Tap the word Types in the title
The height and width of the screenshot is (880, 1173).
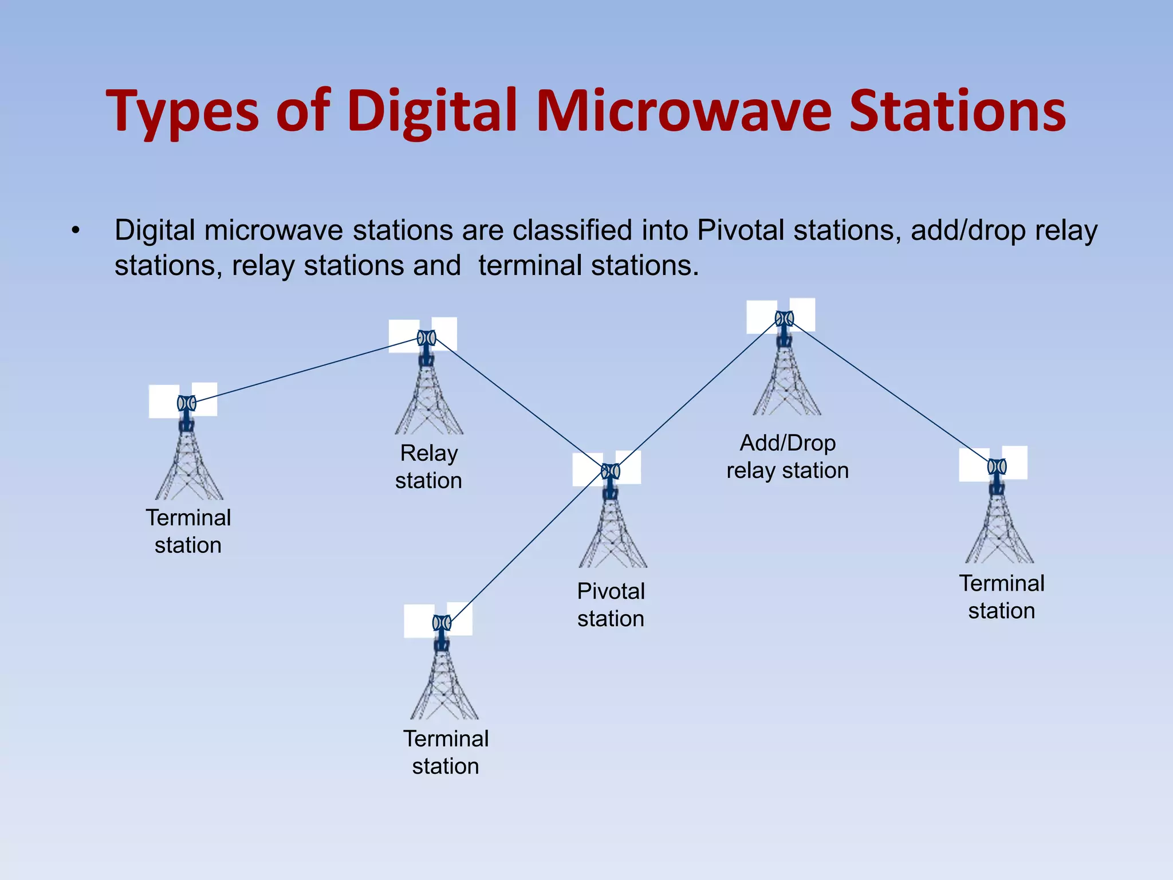182,112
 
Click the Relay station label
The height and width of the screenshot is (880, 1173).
428,466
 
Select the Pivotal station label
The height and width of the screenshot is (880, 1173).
611,604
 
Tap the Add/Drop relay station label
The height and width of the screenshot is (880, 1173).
788,456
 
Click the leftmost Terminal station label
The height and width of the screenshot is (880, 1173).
188,531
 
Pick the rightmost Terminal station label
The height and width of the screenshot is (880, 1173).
1002,596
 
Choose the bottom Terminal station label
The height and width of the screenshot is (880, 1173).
446,752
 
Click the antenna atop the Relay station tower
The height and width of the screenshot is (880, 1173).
426,338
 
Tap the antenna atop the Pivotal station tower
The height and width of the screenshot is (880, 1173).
611,472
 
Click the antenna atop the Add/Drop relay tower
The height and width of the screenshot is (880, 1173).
784,319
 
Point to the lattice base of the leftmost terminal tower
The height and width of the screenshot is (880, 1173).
188,470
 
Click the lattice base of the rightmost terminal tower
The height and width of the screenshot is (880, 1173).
999,533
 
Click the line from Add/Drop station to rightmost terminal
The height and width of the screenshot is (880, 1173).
888,391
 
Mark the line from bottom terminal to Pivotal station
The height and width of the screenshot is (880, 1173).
527,547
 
